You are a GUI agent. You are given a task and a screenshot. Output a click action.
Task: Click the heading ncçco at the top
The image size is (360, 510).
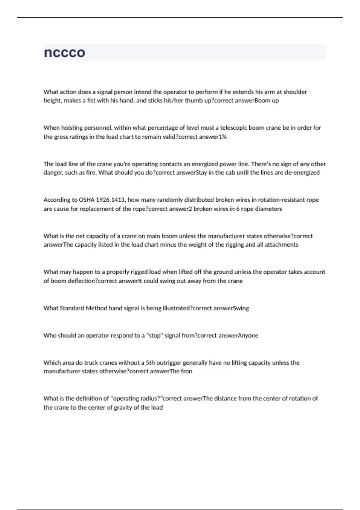click(x=64, y=53)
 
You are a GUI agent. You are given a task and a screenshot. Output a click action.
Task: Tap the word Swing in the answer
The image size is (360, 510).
click(x=241, y=308)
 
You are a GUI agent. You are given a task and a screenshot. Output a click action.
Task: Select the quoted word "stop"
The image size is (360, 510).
click(x=154, y=335)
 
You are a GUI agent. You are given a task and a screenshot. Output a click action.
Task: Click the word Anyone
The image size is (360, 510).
click(x=248, y=335)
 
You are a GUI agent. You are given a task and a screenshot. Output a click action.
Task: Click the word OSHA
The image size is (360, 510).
click(x=87, y=200)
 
